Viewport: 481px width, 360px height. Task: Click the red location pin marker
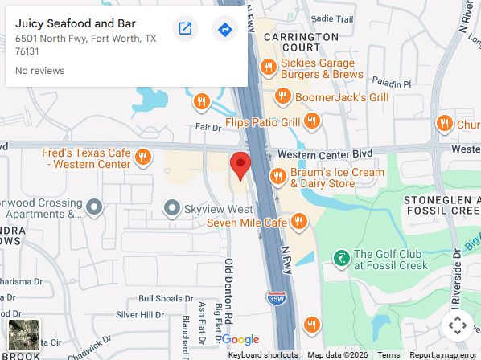pyautogui.click(x=240, y=165)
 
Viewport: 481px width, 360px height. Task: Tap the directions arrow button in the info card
pyautogui.click(x=225, y=30)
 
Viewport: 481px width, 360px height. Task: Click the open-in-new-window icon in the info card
pyautogui.click(x=185, y=30)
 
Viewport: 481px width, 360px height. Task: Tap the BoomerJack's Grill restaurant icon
pyautogui.click(x=282, y=96)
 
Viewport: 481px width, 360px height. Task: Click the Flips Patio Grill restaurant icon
pyautogui.click(x=312, y=122)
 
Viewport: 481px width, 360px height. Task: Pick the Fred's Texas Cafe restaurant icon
pyautogui.click(x=143, y=157)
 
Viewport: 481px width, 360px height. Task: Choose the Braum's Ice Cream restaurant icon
pyautogui.click(x=277, y=176)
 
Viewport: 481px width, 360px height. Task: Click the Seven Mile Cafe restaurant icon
pyautogui.click(x=299, y=221)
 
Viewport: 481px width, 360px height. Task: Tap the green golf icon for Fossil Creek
pyautogui.click(x=341, y=258)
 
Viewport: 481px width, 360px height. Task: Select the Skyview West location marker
pyautogui.click(x=171, y=209)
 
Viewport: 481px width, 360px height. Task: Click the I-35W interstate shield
pyautogui.click(x=276, y=297)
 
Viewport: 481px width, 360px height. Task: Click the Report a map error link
pyautogui.click(x=443, y=354)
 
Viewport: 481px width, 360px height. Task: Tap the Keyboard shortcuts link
pyautogui.click(x=263, y=354)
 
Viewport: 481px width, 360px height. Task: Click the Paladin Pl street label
pyautogui.click(x=390, y=83)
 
